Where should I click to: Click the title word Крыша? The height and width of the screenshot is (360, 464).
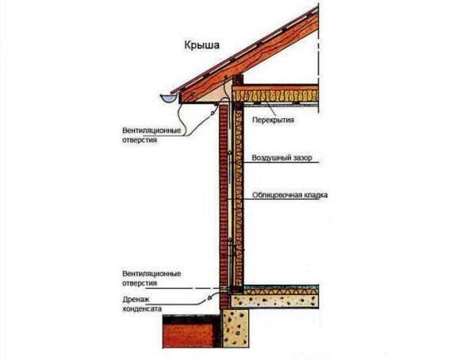(202, 45)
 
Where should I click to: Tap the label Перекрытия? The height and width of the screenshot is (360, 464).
(273, 120)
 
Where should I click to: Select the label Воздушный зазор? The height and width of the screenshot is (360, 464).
(282, 158)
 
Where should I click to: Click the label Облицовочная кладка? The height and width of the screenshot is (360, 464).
(290, 195)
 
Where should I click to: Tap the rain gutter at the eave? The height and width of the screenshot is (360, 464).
(168, 98)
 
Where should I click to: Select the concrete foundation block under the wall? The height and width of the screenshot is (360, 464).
(236, 328)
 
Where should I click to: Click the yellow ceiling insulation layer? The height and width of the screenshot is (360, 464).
(275, 96)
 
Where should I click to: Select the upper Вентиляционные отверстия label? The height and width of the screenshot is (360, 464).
(151, 135)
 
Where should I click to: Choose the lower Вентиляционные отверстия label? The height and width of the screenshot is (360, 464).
(151, 278)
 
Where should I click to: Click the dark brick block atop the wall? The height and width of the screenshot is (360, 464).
(238, 79)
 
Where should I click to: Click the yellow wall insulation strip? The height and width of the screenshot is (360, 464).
(238, 195)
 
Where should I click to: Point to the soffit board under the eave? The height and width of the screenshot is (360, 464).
(199, 103)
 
